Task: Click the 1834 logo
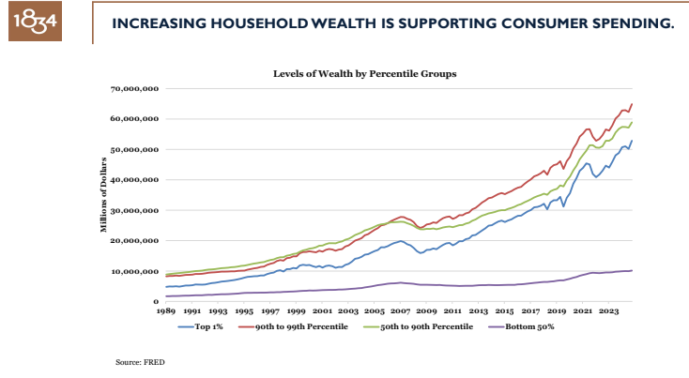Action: (34, 21)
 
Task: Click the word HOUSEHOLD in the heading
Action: (245, 22)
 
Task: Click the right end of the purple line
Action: (632, 270)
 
